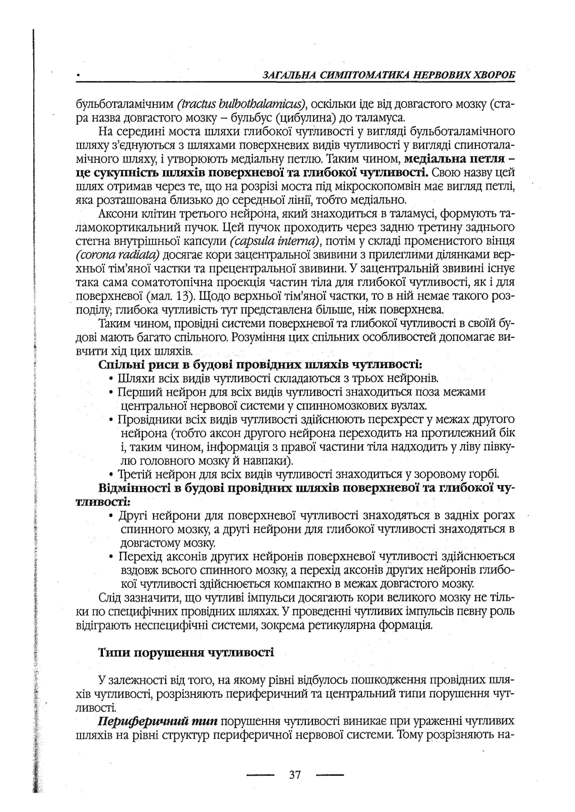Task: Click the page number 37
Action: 295,766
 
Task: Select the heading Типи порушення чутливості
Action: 186,652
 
